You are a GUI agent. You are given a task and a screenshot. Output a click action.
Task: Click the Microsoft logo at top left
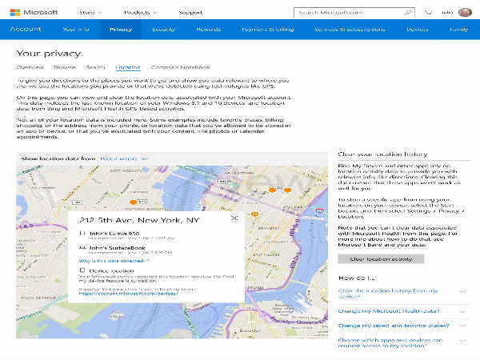pos(36,12)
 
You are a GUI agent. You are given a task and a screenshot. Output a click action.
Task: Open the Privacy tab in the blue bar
pos(121,29)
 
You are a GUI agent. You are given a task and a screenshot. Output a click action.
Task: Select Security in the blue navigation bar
pos(163,29)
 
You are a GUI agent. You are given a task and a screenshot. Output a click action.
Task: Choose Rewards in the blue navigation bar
pos(208,29)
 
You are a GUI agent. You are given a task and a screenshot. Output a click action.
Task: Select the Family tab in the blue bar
pos(459,29)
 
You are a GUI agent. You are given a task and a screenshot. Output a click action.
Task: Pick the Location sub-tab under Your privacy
pos(127,68)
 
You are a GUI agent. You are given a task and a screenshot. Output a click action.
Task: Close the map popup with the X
pos(234,218)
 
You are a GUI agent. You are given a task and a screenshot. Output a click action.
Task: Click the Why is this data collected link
pos(114,261)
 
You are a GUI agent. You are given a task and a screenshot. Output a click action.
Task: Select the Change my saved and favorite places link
pos(393,326)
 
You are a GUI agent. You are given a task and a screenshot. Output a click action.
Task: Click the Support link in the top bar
pos(190,12)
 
